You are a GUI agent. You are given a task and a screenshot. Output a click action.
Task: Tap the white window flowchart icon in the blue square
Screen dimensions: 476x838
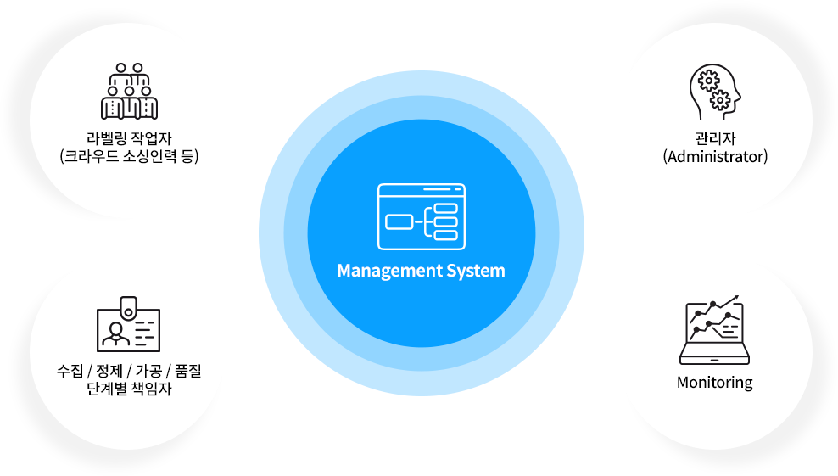click(421, 216)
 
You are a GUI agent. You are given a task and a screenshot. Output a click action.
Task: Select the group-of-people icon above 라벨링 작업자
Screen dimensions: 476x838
click(129, 92)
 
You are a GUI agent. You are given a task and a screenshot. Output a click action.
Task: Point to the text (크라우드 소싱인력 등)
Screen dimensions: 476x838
click(129, 157)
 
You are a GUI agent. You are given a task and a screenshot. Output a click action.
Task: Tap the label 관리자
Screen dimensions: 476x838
click(715, 138)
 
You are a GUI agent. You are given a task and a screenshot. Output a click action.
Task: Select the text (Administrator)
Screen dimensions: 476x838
click(715, 157)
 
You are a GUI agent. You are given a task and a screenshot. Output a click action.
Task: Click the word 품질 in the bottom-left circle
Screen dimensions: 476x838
click(187, 372)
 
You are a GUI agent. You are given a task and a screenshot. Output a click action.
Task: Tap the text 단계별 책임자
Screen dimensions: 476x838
click(129, 390)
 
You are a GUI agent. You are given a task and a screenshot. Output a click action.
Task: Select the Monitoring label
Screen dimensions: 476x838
click(714, 383)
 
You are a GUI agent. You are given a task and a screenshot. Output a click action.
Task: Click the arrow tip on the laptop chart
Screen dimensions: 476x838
click(736, 298)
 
